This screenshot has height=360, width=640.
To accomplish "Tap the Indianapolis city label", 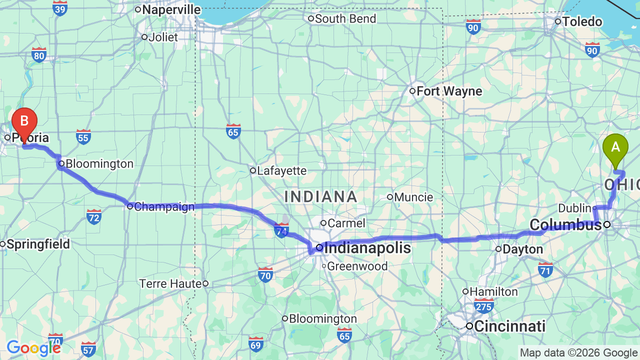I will point(367,248).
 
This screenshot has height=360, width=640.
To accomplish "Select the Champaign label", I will point(164,206).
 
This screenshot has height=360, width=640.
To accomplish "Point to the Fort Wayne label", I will point(449,91).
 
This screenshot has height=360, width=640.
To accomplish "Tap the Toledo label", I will point(582,22).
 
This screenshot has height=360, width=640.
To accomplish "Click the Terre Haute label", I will point(170,284).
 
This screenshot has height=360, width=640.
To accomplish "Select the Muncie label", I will point(413,197).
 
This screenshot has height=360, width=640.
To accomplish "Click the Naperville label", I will point(171,10).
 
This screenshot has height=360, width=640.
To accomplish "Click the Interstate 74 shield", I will point(281,230).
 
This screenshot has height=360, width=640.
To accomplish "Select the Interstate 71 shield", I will point(545,269).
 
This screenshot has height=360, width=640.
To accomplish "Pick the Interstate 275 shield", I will point(484,305).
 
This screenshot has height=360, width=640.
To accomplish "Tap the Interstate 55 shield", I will point(83,136).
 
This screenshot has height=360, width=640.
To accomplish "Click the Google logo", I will point(33,348).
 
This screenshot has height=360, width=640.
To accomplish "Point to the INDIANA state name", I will point(320,196).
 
